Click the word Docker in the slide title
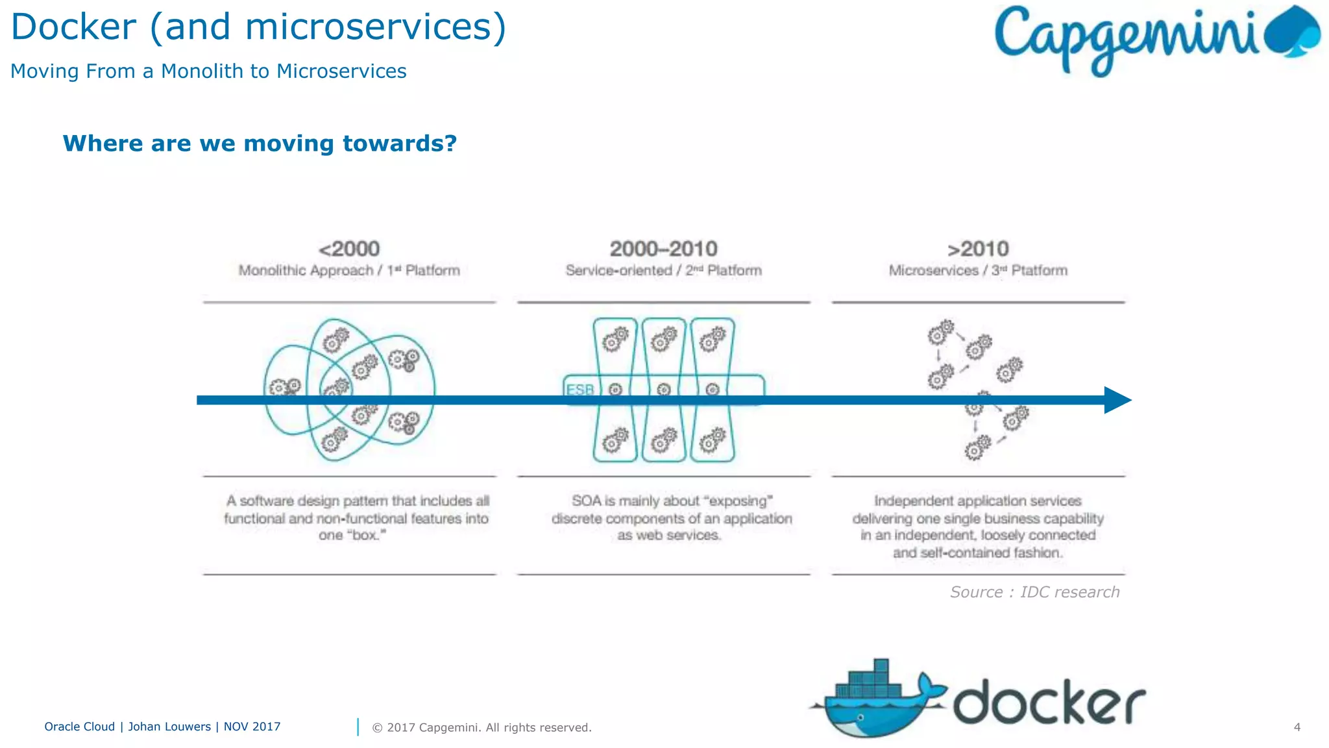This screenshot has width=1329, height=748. point(73,27)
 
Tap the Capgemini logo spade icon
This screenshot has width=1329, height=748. point(1293,32)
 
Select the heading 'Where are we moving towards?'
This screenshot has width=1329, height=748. point(260,143)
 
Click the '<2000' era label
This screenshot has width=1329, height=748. point(349,249)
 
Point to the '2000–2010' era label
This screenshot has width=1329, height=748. point(663,249)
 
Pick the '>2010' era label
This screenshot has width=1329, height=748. point(978,249)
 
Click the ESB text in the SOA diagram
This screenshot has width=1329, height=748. point(580,390)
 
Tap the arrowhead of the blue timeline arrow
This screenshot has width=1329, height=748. point(1117,400)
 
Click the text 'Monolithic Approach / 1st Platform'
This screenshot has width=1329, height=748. point(349,271)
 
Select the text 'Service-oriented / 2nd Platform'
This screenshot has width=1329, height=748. point(663,271)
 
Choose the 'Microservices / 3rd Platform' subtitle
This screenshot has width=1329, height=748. point(978,271)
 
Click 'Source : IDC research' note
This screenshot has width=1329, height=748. point(1035,592)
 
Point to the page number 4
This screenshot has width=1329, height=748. point(1297,727)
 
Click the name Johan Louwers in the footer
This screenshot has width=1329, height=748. point(169,727)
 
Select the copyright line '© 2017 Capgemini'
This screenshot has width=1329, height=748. point(482,728)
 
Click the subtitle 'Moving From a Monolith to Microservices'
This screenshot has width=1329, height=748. point(208,71)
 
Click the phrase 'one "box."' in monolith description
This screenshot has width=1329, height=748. point(352,536)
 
